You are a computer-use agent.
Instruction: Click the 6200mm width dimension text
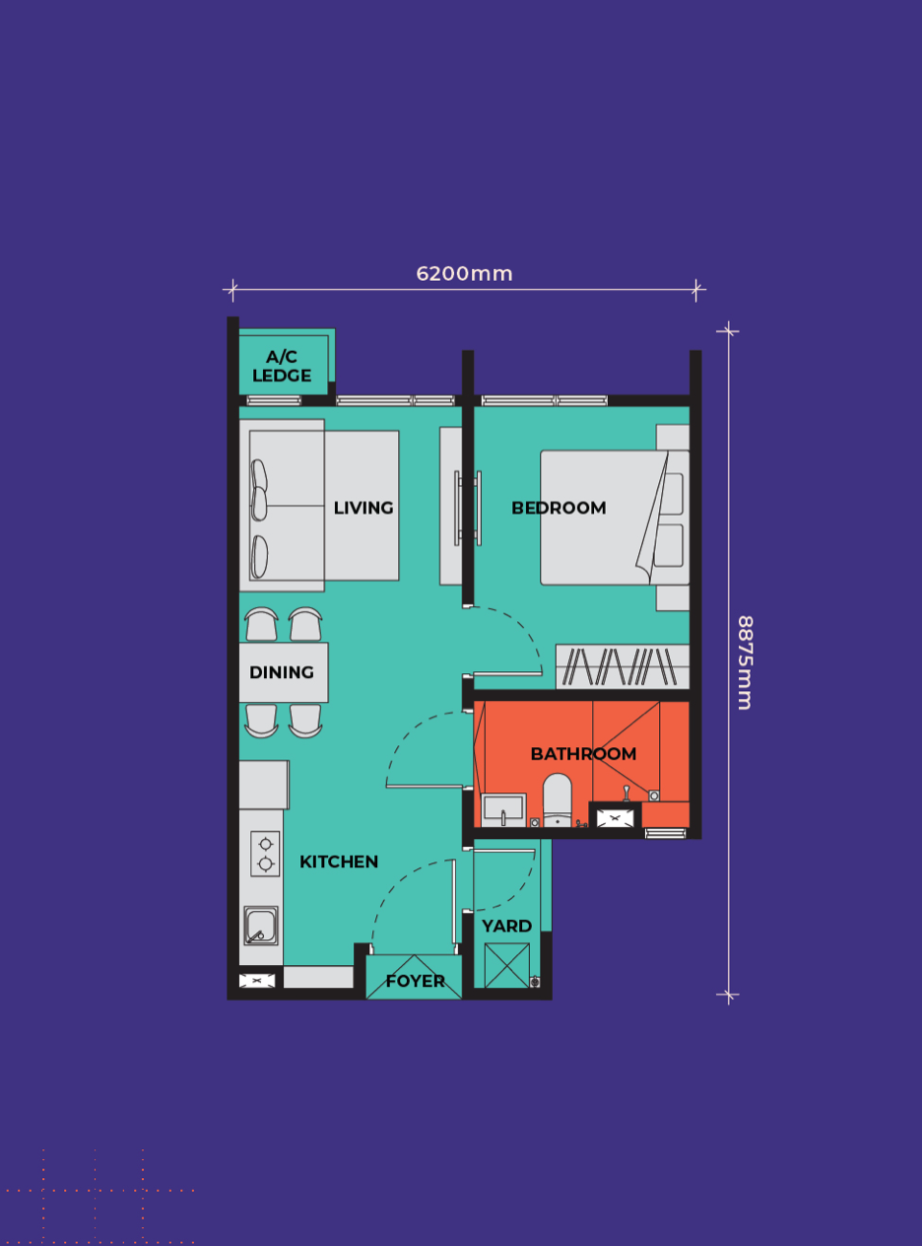pos(464,274)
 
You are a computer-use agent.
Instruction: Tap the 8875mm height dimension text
pos(745,662)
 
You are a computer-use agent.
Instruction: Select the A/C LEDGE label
pos(282,366)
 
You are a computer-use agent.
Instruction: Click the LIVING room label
pos(363,508)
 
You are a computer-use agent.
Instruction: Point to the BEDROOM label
pos(559,508)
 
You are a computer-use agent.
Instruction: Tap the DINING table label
pos(282,672)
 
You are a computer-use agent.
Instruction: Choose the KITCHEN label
pos(339,862)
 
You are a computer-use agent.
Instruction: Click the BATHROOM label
pos(583,754)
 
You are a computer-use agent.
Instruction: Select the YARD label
pos(506,926)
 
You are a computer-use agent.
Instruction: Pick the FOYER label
pos(416,981)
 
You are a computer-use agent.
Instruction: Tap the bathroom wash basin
pos(503,810)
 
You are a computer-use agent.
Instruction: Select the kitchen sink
pos(260,926)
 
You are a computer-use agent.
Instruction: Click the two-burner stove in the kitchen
pos(265,854)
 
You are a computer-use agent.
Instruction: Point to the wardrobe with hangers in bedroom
pos(623,666)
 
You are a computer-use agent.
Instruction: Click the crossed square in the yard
pos(506,965)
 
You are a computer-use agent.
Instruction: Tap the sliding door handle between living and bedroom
pos(468,509)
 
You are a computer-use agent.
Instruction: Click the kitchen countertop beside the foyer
pos(318,976)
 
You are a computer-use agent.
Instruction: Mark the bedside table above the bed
pos(673,438)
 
